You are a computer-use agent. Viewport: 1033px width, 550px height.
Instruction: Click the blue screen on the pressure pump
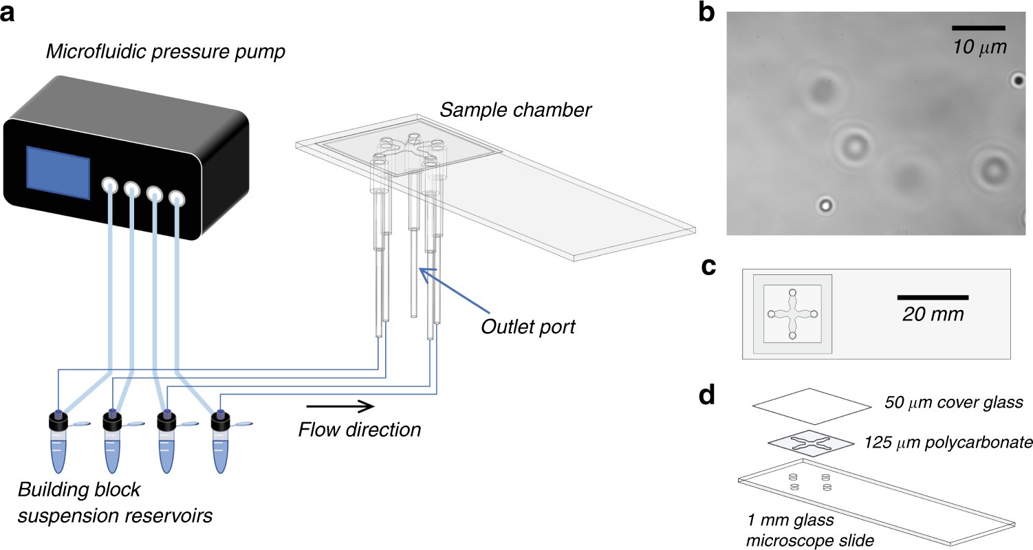tap(58, 173)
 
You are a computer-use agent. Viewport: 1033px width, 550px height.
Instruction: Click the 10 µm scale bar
tap(979, 27)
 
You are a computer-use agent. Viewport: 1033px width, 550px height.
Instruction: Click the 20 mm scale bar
tap(933, 297)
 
